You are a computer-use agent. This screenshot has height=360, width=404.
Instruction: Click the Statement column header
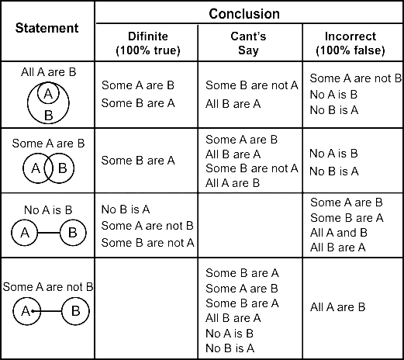pos(47,28)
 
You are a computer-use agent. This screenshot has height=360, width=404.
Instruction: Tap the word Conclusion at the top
pos(244,14)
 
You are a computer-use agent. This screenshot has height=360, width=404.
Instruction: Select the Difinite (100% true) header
pos(148,43)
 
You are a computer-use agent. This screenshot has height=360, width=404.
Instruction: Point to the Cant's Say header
pos(248,43)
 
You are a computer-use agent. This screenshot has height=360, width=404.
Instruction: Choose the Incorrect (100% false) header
pos(350,43)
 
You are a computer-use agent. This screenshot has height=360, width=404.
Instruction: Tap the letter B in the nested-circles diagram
pos(49,115)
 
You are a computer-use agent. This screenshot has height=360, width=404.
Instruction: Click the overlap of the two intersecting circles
pos(48,168)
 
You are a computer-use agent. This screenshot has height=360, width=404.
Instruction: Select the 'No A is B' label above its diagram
pos(48,210)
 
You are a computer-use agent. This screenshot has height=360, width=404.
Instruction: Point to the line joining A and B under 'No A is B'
pos(49,233)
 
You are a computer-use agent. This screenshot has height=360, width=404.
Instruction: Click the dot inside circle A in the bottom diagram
pos(33,311)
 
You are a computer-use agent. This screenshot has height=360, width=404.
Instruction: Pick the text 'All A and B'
pos(339,233)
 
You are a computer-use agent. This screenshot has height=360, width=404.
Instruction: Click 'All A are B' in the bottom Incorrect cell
pos(337,307)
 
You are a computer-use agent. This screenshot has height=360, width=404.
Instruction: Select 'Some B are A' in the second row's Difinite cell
pos(138,161)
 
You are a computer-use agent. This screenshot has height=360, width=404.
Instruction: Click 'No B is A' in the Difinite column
pos(126,209)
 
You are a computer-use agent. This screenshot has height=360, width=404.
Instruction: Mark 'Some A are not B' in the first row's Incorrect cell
pos(356,78)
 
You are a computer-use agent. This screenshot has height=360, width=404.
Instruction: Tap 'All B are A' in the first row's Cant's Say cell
pos(233,104)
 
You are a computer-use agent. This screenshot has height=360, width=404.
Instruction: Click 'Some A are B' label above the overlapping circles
pos(48,144)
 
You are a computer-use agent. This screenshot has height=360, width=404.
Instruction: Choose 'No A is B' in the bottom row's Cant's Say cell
pos(230,334)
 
